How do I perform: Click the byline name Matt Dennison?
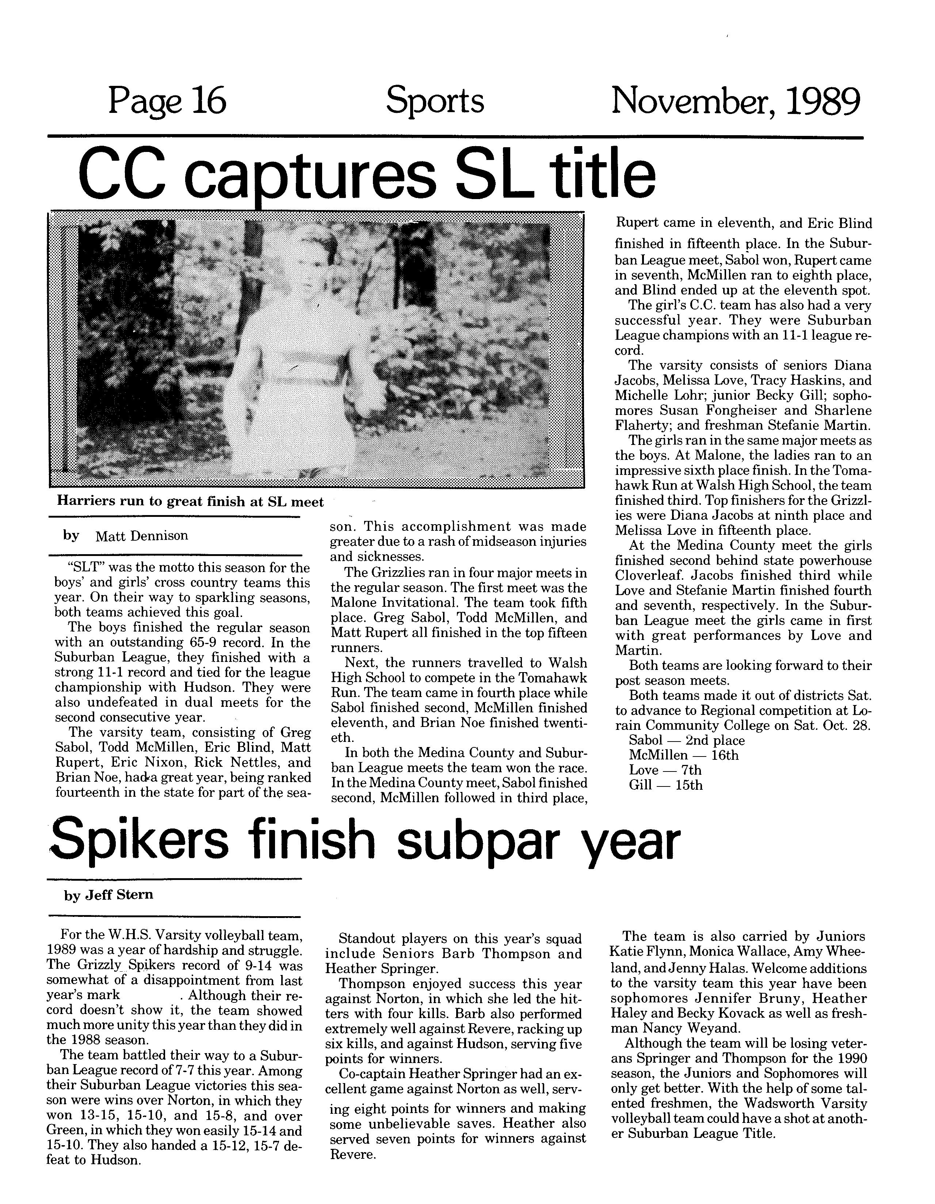(142, 535)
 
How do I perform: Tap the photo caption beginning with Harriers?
(190, 502)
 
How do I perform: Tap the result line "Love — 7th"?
(665, 770)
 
